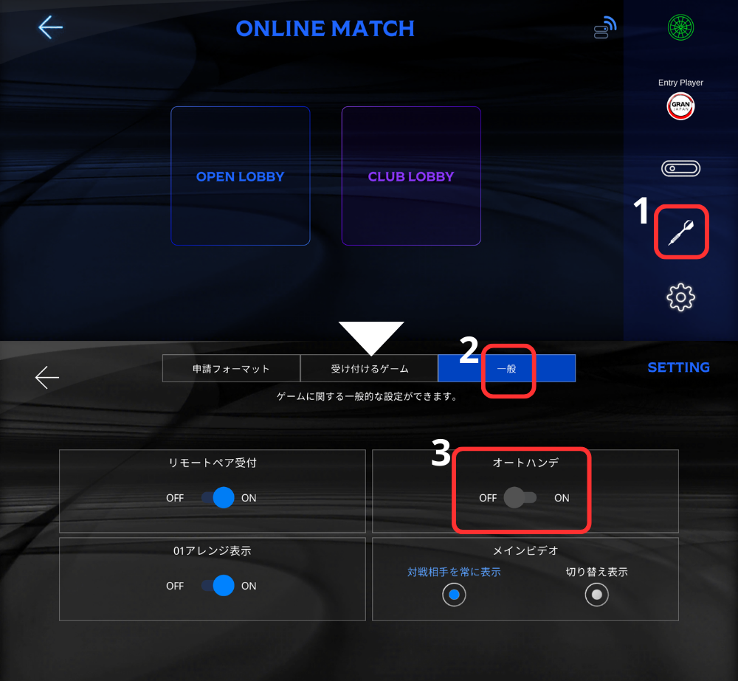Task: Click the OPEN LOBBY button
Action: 240,176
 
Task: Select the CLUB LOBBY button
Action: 411,176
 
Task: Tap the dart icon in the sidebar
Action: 680,233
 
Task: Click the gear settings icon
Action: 680,297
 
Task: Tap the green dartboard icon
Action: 680,28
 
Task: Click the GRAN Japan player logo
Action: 680,108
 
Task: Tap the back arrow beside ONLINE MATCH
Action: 50,27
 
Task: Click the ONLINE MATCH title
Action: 325,29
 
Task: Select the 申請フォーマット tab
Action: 231,368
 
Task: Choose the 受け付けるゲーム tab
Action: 369,368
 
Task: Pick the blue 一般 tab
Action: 506,368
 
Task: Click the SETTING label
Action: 678,367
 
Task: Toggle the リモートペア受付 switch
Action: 218,498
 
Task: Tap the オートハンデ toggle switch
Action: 520,498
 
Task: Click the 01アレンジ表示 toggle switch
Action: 218,586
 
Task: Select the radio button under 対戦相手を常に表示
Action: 454,595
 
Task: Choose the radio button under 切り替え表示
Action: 596,595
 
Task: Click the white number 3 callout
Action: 441,454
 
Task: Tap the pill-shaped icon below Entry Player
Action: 680,169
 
